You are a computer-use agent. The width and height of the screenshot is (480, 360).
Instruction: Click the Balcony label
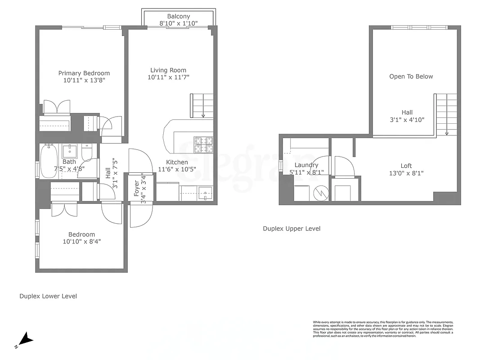179,16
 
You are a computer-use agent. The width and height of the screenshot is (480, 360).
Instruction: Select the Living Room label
168,70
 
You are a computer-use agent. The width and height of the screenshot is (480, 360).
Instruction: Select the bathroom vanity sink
70,150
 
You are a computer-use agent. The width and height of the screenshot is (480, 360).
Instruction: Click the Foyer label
137,188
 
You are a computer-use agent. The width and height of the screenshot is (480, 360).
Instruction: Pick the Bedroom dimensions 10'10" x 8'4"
81,241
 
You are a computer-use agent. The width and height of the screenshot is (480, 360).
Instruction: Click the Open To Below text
411,76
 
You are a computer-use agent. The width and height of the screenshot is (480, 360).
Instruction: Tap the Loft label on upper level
406,166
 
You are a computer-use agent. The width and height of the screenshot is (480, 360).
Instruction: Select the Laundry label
306,165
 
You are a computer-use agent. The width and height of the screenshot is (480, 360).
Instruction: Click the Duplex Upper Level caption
292,229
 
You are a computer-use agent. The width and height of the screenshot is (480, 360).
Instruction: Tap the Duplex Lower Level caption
48,296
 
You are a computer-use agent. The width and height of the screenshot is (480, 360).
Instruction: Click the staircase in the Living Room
202,105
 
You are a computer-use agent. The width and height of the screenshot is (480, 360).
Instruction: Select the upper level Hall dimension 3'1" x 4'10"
407,120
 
